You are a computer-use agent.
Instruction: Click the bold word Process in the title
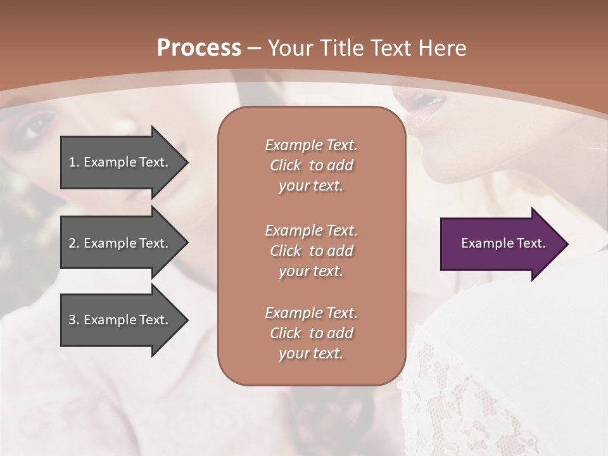[199, 48]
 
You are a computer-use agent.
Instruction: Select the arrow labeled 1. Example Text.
[120, 162]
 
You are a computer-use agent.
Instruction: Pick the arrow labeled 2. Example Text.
[120, 243]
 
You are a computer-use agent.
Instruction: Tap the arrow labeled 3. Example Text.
[120, 320]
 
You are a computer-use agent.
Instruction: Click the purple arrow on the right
[500, 244]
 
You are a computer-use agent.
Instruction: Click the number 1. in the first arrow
[74, 162]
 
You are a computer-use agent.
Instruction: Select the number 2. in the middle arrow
[74, 243]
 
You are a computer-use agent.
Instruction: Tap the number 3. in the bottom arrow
[74, 320]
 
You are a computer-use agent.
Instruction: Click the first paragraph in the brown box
[311, 165]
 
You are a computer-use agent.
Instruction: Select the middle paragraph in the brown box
[311, 251]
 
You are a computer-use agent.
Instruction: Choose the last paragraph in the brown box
[311, 333]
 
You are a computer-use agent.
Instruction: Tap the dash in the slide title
[254, 48]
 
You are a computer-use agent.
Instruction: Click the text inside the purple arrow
[503, 243]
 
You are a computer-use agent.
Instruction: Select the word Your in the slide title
[289, 48]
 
